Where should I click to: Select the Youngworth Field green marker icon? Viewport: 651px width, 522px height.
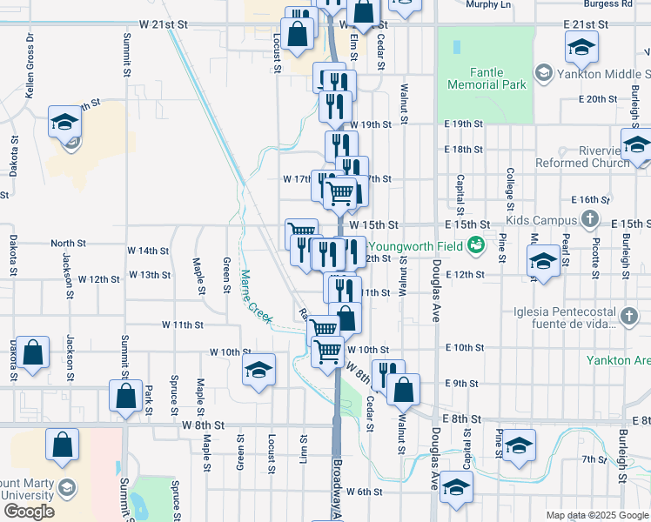click(476, 245)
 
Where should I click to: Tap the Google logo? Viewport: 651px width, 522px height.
click(29, 512)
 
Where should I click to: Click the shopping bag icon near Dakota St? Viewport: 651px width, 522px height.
click(32, 353)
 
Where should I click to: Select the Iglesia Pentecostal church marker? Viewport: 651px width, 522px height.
click(628, 318)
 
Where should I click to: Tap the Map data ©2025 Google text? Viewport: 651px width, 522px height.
click(596, 515)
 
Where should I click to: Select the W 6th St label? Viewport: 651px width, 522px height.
click(365, 492)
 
